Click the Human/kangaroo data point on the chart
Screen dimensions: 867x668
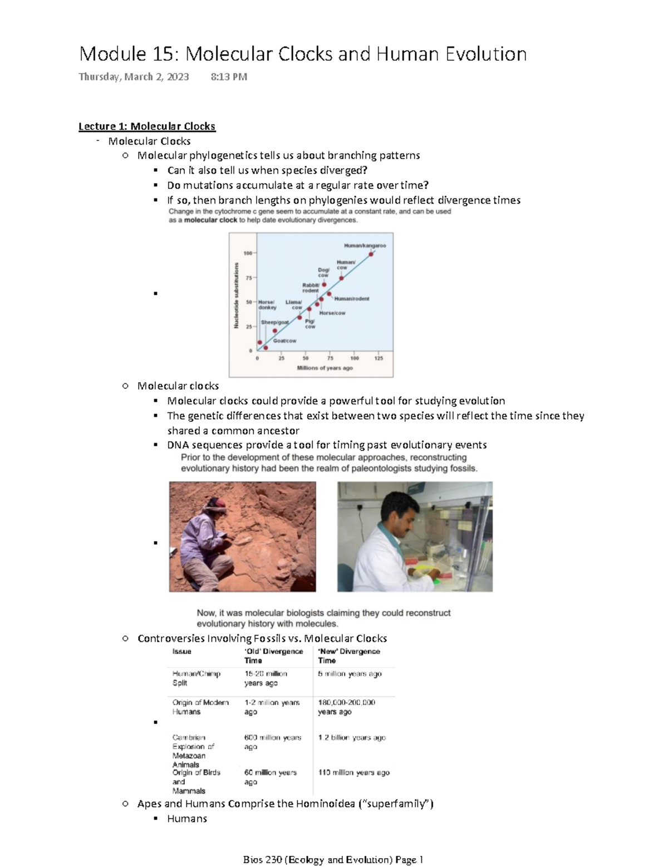coord(371,254)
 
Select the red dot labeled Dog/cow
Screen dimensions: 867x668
coord(325,284)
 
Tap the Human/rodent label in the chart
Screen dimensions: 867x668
coord(351,299)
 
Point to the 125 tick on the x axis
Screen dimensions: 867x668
coord(379,358)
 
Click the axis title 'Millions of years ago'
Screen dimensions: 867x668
coord(325,368)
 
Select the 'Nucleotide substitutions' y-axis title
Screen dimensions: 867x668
coord(236,295)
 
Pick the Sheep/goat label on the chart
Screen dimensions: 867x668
coord(275,322)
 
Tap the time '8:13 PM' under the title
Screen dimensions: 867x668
coord(229,77)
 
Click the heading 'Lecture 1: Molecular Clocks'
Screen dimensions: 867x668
coord(146,126)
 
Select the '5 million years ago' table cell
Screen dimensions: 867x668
coord(350,674)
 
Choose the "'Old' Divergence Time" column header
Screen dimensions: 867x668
coord(273,656)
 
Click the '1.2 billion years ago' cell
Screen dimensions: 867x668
coord(352,737)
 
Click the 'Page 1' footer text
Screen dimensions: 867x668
coord(409,860)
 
